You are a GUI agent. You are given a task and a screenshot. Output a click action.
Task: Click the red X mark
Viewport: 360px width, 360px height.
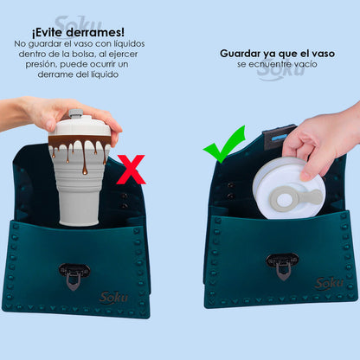pos(131,170)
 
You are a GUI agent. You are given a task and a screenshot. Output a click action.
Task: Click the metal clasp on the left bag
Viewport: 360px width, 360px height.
pos(74,274)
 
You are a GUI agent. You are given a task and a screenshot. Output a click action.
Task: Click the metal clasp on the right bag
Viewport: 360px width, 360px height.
pos(282,264)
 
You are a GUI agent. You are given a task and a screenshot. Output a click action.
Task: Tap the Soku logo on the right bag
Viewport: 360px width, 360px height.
pos(329,283)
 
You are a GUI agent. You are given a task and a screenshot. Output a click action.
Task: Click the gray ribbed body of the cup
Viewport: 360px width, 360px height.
pos(80,195)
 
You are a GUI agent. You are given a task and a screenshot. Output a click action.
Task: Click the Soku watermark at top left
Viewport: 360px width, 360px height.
pos(77,23)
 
